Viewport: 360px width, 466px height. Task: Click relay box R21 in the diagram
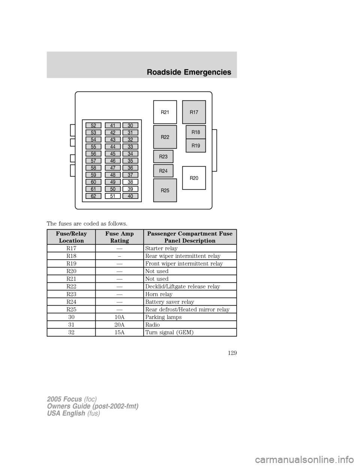pyautogui.click(x=165, y=112)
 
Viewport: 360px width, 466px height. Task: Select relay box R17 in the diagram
pyautogui.click(x=194, y=112)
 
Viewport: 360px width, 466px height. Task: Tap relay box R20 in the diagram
pyautogui.click(x=194, y=178)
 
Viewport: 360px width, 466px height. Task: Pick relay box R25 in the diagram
pyautogui.click(x=165, y=190)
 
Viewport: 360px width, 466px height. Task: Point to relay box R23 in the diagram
pyautogui.click(x=163, y=156)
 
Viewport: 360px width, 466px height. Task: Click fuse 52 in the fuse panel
pyautogui.click(x=93, y=125)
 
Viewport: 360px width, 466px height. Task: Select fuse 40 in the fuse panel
pyautogui.click(x=130, y=196)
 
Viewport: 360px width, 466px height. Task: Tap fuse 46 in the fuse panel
pyautogui.click(x=112, y=161)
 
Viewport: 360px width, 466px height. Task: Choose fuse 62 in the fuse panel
pyautogui.click(x=93, y=196)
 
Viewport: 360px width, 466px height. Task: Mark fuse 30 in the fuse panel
pyautogui.click(x=130, y=125)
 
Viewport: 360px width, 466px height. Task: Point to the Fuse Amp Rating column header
pyautogui.click(x=119, y=237)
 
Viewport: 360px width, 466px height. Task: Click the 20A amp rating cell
pyautogui.click(x=119, y=325)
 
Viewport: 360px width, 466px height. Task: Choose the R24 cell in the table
pyautogui.click(x=71, y=302)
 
